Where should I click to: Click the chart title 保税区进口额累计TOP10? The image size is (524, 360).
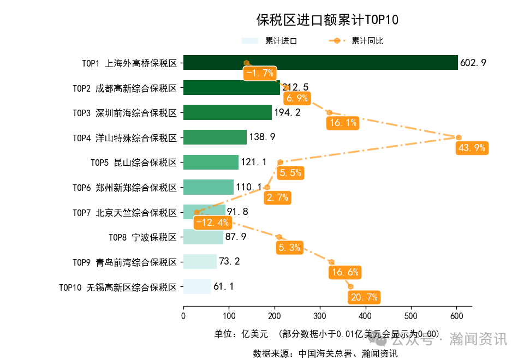[x=327, y=20]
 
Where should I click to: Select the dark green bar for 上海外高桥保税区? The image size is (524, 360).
[x=320, y=63]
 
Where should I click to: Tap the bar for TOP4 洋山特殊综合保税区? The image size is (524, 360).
[x=215, y=137]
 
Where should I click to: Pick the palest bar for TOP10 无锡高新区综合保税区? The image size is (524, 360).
[x=197, y=286]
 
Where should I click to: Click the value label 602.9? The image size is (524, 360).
[x=473, y=63]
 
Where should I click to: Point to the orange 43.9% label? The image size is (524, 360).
[x=472, y=148]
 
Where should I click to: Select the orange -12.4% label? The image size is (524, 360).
[x=212, y=223]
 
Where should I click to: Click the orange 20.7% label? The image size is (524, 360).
[x=363, y=297]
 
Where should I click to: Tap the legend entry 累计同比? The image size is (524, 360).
[x=367, y=41]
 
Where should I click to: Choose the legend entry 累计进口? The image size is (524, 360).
[x=281, y=41]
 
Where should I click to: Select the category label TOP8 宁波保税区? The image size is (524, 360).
[x=142, y=237]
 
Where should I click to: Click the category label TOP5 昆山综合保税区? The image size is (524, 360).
[x=134, y=162]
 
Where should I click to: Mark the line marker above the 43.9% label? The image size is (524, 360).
[x=459, y=137]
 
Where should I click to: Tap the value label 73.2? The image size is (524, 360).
[x=229, y=261]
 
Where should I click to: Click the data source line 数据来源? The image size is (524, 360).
[x=325, y=353]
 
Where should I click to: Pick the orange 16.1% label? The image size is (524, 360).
[x=343, y=123]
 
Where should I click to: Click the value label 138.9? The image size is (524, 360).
[x=262, y=137]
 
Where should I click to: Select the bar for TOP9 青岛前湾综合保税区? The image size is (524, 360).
[x=200, y=262]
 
